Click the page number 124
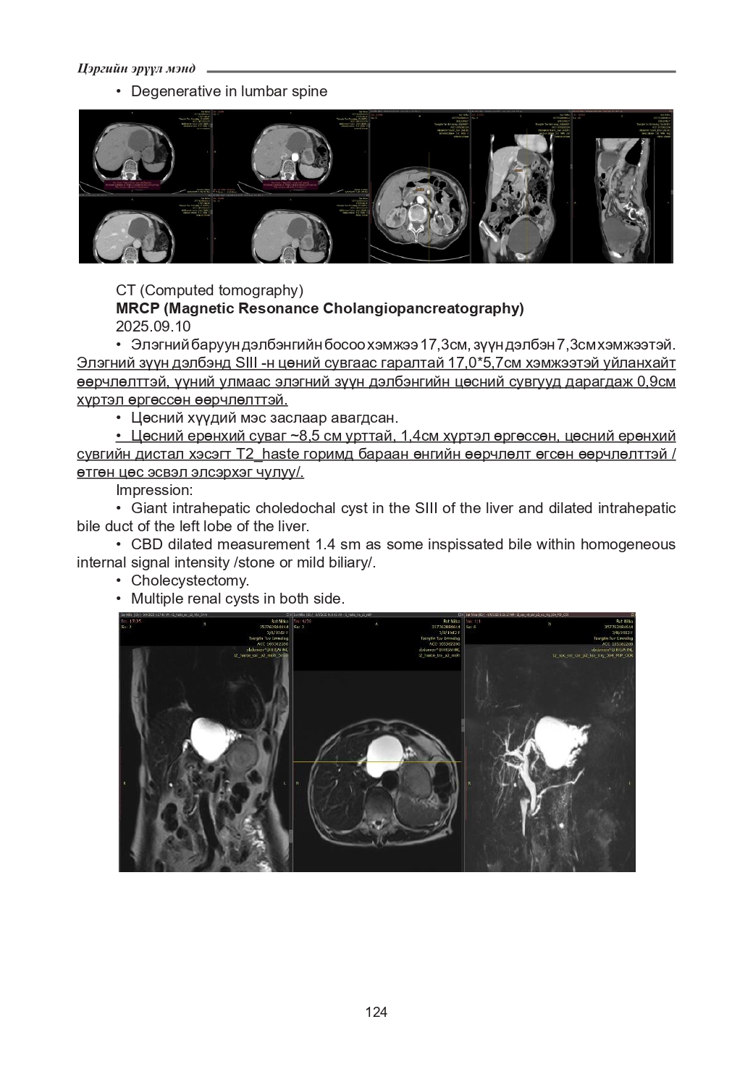point(376,1012)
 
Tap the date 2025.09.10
point(153,326)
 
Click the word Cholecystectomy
point(190,580)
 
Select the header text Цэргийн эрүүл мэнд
point(136,69)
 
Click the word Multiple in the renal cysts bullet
point(156,599)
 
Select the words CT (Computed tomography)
point(209,290)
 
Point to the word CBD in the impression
point(147,544)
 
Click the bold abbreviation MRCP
point(137,308)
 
